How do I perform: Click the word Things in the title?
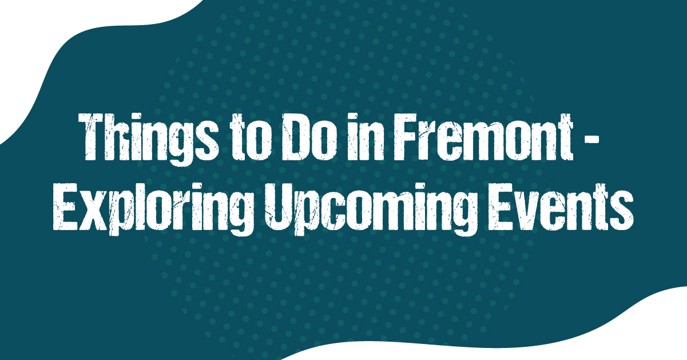click(x=149, y=139)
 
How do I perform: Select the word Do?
click(x=309, y=137)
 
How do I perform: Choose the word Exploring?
click(x=153, y=209)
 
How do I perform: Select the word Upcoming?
click(x=371, y=209)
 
